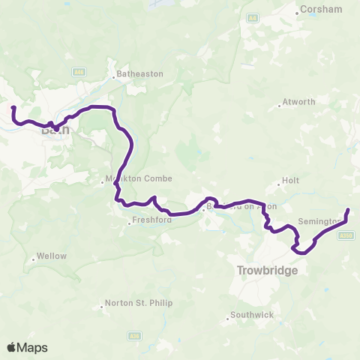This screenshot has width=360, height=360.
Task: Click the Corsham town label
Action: click(321, 10)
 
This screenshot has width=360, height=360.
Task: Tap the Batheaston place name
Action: click(140, 75)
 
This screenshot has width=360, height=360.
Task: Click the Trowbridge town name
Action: click(268, 270)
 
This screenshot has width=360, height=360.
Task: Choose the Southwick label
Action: click(251, 315)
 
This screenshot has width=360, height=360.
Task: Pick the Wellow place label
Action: click(52, 256)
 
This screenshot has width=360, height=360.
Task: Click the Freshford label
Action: click(152, 220)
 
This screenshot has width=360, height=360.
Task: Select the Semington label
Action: click(320, 221)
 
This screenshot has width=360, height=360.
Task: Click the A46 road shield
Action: click(79, 71)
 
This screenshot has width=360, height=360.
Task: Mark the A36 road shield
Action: click(134, 335)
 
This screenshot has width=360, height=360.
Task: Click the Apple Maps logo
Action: click(27, 347)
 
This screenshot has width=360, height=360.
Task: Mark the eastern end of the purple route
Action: click(348, 210)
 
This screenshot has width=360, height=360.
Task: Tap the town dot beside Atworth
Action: click(279, 106)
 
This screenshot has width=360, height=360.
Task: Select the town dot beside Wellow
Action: click(34, 259)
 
